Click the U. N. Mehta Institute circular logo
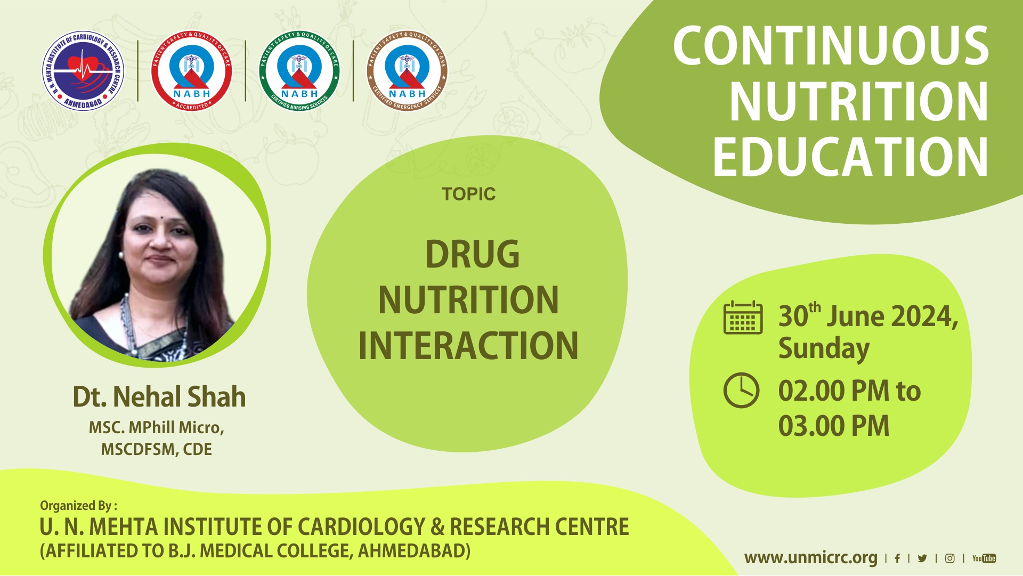83,70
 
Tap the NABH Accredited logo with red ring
191,70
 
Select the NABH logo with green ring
299,70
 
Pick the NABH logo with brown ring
407,70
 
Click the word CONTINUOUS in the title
831,46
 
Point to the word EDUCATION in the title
851,157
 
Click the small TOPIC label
468,194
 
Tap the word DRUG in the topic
472,254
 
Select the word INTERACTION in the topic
468,346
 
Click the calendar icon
743,318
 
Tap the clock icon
741,391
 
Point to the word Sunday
824,348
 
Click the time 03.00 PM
834,426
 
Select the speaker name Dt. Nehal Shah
159,397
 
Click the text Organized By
78,506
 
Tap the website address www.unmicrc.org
810,558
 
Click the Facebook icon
897,558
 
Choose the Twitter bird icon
922,558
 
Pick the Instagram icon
949,558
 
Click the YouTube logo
984,558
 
